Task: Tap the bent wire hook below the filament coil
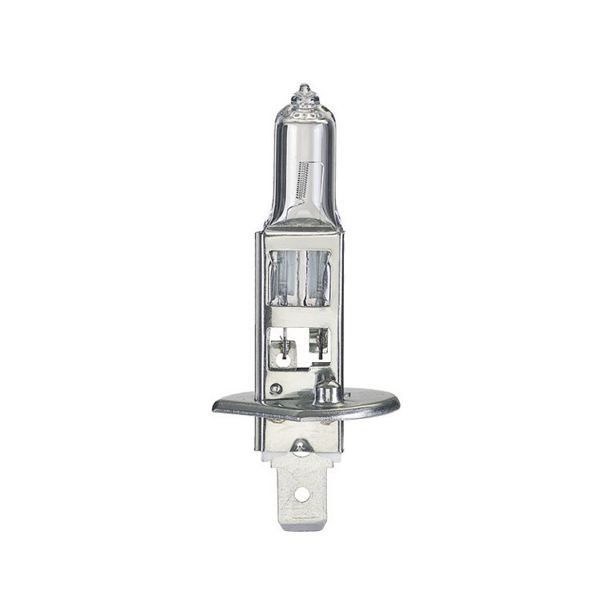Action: (295, 199)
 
